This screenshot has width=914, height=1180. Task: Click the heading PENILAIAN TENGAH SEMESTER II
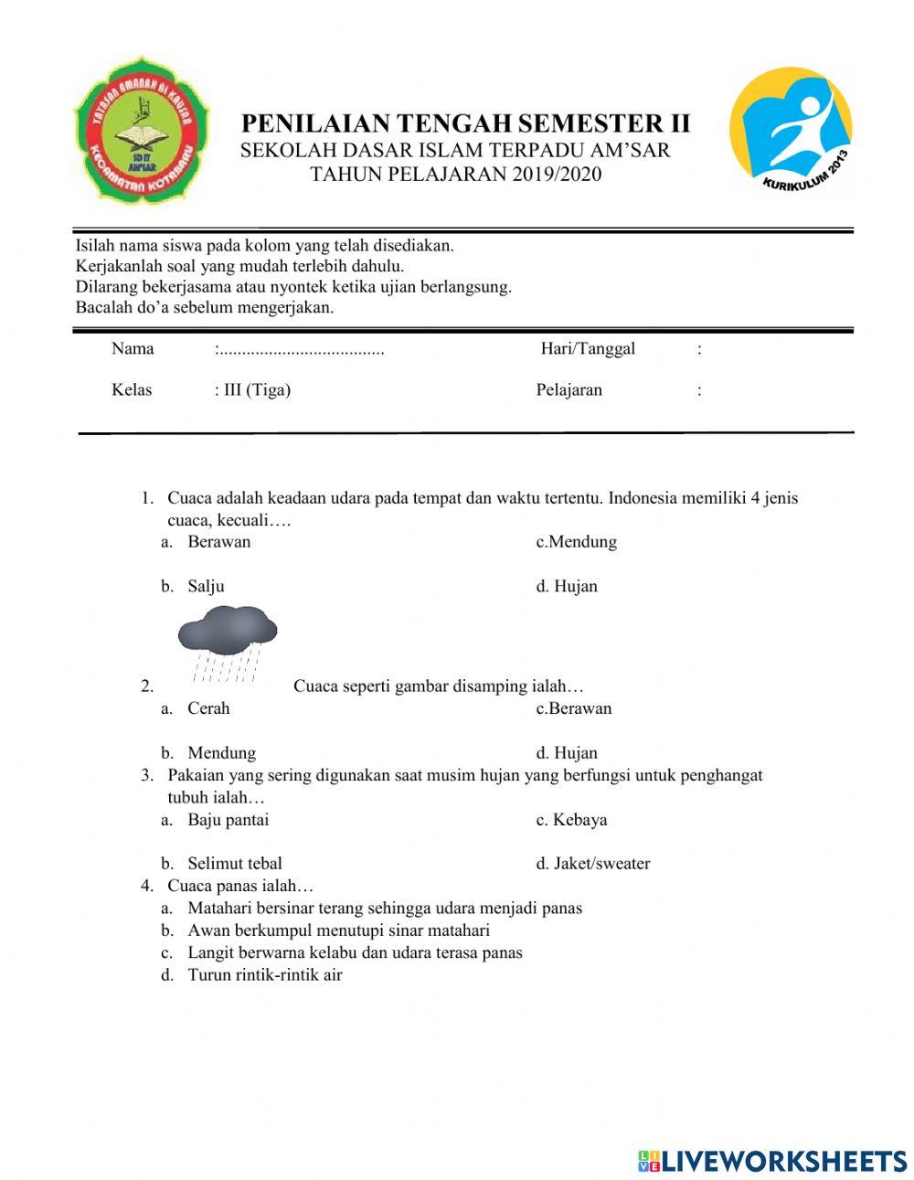click(x=465, y=123)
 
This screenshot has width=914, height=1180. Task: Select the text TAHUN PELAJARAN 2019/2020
click(x=456, y=174)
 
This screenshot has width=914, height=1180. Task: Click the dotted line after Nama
click(x=301, y=349)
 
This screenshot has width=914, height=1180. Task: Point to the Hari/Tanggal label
click(x=588, y=348)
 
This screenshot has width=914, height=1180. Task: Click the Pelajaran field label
click(x=569, y=390)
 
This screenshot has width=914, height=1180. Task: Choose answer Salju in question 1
click(x=206, y=586)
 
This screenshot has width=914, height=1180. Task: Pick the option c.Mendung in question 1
click(x=576, y=542)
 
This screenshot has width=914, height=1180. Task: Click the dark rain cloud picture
click(x=227, y=640)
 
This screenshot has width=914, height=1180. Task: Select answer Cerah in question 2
click(x=208, y=708)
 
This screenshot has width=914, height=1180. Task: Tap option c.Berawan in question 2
click(x=573, y=708)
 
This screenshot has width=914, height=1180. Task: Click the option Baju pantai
click(x=228, y=820)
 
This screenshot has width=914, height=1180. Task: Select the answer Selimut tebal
click(x=234, y=864)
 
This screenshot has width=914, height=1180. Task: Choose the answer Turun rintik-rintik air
click(x=264, y=974)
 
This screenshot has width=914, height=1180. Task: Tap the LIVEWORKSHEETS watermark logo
click(x=772, y=1160)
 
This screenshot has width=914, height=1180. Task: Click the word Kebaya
click(x=579, y=820)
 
